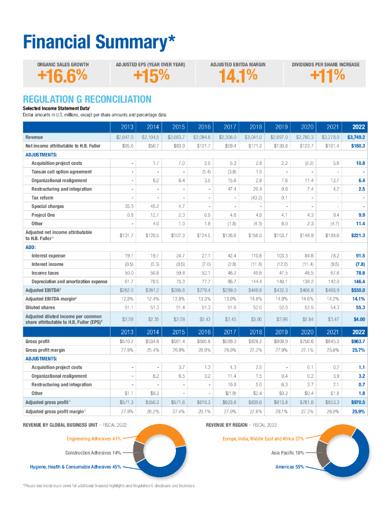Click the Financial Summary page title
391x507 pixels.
click(99, 43)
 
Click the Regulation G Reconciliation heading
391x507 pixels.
click(87, 99)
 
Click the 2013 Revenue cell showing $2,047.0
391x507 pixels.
click(125, 137)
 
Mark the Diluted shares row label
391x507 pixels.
click(40, 307)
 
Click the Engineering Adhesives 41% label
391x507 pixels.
click(93, 439)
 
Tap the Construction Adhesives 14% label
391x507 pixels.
click(93, 453)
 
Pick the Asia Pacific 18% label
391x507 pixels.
click(288, 453)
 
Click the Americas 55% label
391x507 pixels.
click(290, 466)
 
